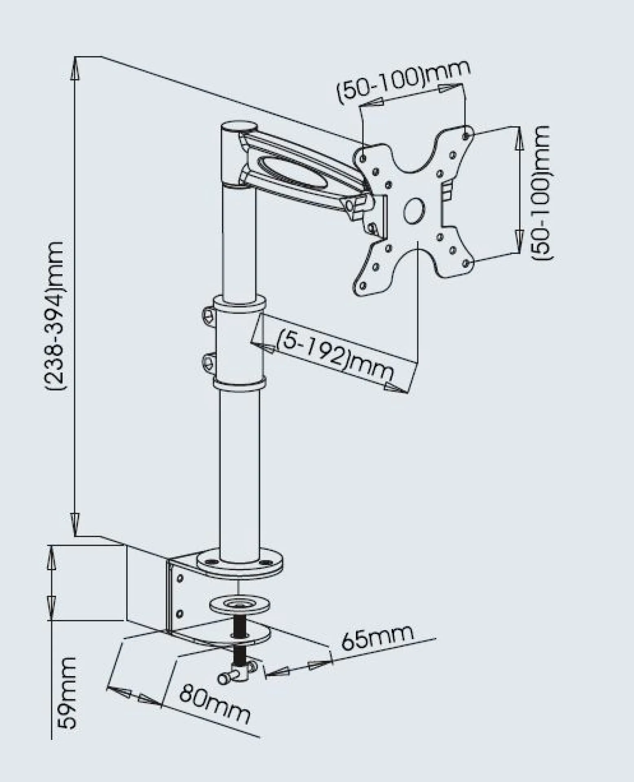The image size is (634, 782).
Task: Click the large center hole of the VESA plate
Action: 414,210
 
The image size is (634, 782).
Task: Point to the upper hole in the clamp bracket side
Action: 180,578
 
